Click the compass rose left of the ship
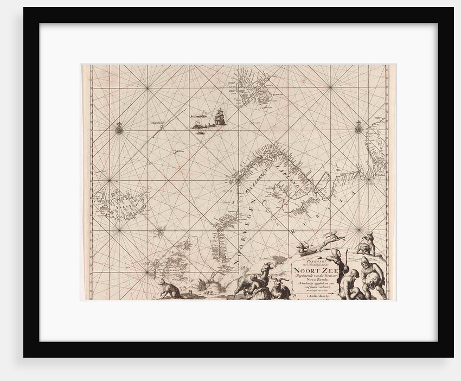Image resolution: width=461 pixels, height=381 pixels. pyautogui.click(x=119, y=129)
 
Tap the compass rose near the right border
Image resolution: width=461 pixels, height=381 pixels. pyautogui.click(x=358, y=129)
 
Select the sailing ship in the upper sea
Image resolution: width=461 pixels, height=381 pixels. pyautogui.click(x=219, y=116)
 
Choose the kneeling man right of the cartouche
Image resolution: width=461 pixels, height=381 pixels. pyautogui.click(x=351, y=283)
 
